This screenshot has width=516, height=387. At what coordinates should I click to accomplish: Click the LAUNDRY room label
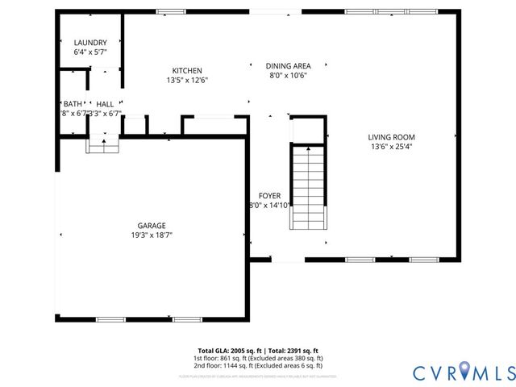[90, 43]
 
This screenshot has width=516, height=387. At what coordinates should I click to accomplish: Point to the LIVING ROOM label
[392, 137]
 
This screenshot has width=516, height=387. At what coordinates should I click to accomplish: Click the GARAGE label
[151, 226]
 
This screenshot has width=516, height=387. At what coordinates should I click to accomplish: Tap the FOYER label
[269, 196]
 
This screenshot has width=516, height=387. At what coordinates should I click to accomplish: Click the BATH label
[73, 104]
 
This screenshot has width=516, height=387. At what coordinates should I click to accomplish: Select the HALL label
[105, 104]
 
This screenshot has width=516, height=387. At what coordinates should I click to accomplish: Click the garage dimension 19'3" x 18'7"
[151, 235]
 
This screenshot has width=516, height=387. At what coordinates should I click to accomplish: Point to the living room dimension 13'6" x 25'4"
[392, 147]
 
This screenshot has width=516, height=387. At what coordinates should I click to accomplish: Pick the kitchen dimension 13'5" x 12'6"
[187, 81]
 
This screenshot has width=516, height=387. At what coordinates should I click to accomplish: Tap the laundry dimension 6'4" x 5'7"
[90, 52]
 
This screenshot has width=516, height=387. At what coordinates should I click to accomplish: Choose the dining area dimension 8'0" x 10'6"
[288, 76]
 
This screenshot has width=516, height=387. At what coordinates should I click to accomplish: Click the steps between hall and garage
[103, 144]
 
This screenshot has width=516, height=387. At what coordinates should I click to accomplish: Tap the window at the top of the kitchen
[169, 11]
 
